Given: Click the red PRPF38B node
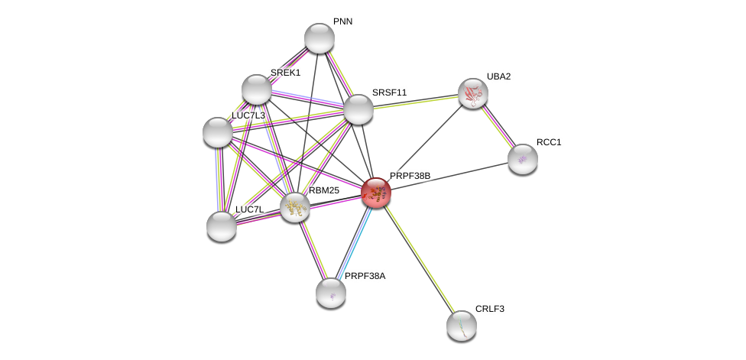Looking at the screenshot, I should (376, 193).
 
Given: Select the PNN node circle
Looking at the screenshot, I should (319, 38).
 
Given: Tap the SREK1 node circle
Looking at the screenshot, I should (257, 89).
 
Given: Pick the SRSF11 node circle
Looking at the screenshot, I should (358, 109).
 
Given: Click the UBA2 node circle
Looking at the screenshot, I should (473, 93).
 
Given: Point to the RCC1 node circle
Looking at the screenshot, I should (523, 159).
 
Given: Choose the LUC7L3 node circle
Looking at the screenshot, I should (218, 132).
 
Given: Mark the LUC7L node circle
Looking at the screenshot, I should (222, 225).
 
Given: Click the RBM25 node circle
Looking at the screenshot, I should (294, 207).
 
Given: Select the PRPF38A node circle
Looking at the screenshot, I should (331, 293).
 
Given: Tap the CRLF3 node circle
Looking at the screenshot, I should (462, 326).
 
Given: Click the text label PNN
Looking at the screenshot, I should (342, 21).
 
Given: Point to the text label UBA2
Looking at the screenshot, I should (498, 76).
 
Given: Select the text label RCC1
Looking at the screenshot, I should (548, 142).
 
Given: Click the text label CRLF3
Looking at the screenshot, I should (489, 309).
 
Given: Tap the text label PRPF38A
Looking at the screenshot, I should (365, 276).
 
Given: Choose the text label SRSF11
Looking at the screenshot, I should (389, 92).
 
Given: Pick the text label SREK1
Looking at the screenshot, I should (285, 73).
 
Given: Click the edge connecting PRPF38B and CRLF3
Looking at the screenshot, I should (419, 259).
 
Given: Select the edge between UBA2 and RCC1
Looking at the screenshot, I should (498, 126).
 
